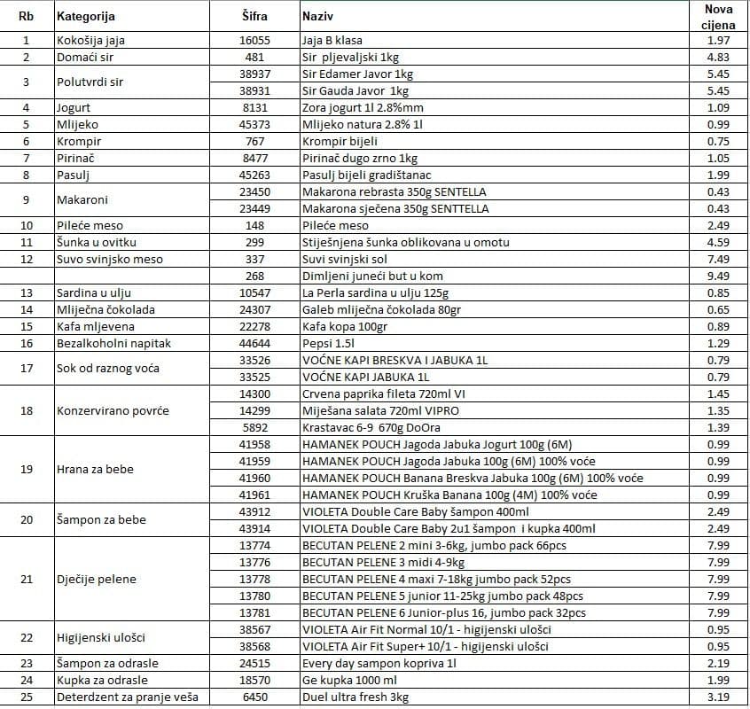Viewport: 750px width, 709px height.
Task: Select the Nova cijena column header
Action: click(x=718, y=17)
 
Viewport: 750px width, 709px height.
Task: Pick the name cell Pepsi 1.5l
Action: click(x=327, y=343)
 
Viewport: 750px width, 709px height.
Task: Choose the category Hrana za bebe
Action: click(x=95, y=469)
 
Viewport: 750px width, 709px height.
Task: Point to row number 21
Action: click(x=27, y=579)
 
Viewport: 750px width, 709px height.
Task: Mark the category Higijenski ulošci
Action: click(x=100, y=637)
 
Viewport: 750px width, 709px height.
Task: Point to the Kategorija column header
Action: click(x=86, y=17)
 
